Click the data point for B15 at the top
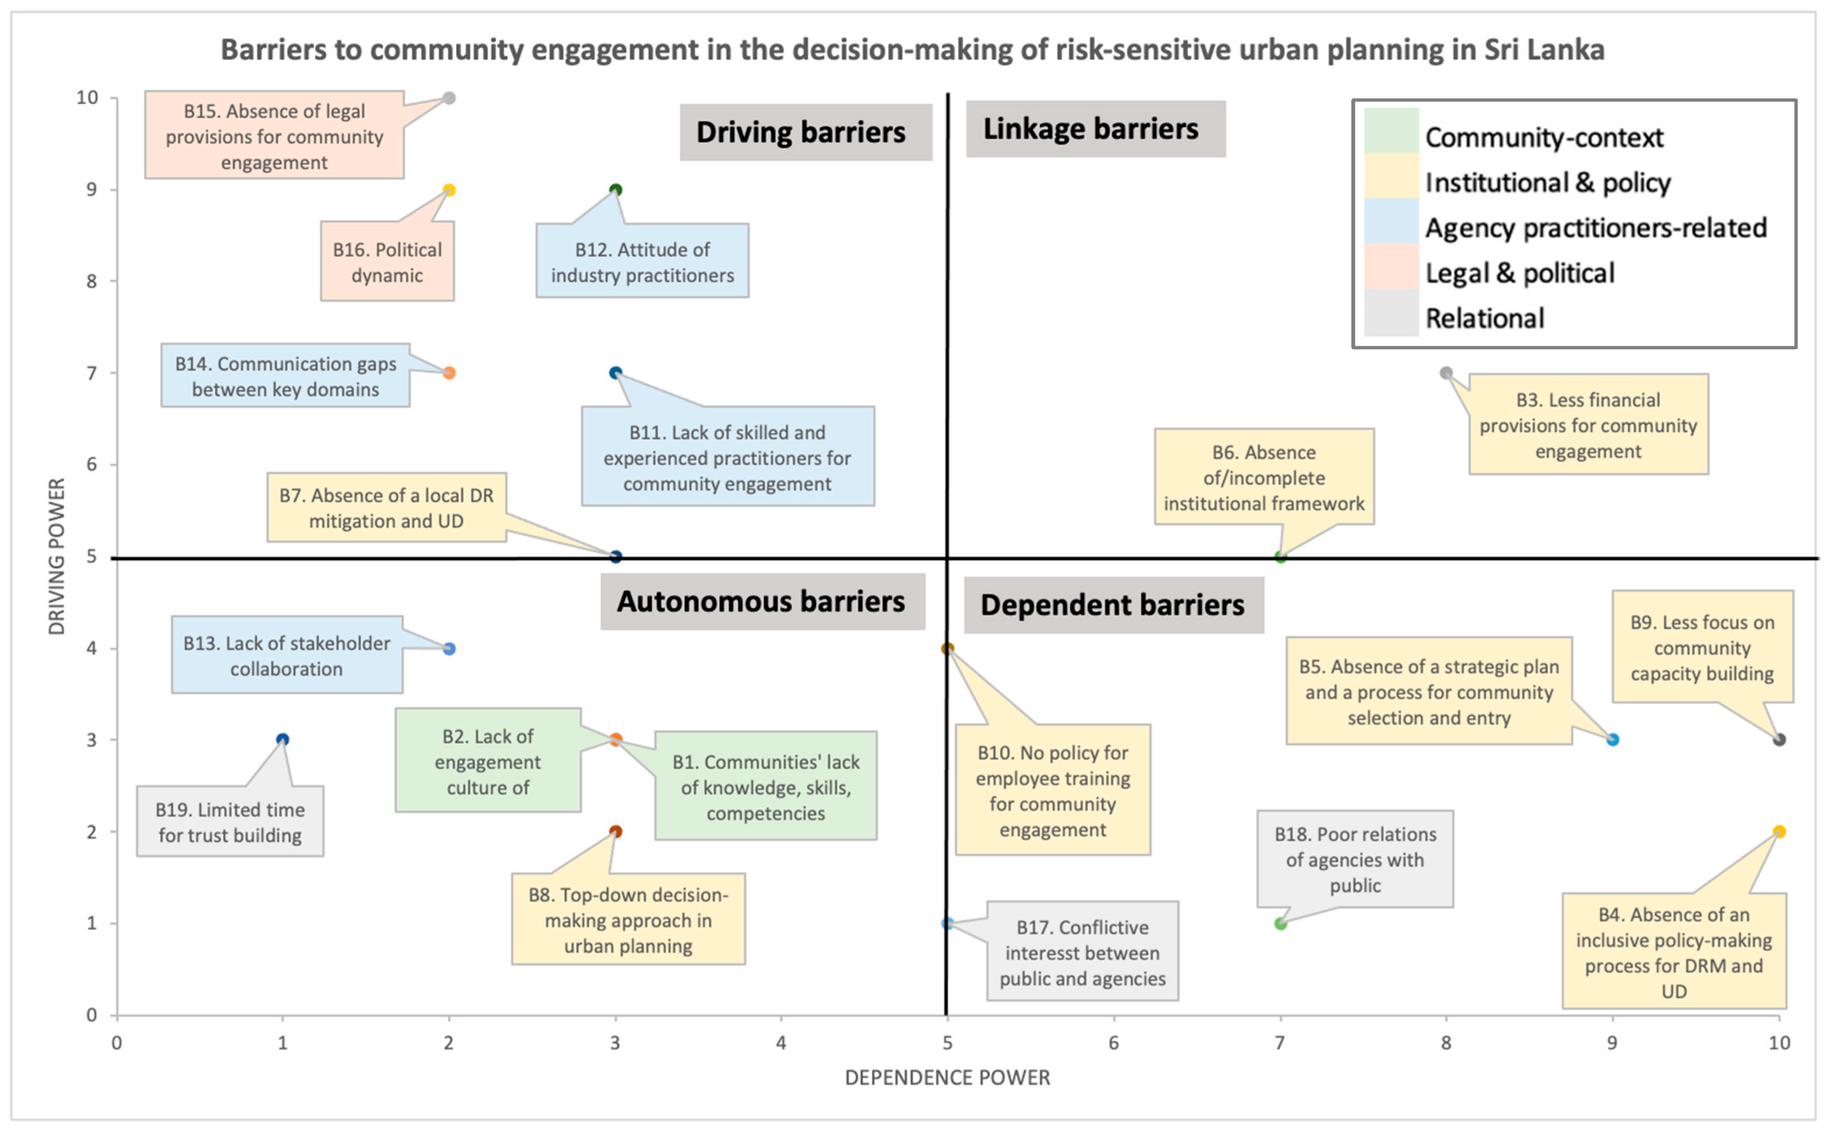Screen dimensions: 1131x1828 (x=449, y=98)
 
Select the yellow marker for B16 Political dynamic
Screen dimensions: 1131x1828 (x=449, y=190)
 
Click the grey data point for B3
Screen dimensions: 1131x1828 (x=1445, y=372)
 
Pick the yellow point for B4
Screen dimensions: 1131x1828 (x=1779, y=832)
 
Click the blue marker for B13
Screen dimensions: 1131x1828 (x=449, y=649)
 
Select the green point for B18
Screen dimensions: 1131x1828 (x=1280, y=924)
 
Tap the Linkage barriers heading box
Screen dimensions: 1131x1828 (x=1094, y=129)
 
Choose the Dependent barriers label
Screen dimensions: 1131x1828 (x=1113, y=605)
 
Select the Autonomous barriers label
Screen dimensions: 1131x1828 (x=762, y=601)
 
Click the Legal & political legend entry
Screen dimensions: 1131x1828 (x=1519, y=273)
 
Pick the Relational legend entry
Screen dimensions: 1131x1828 (x=1484, y=319)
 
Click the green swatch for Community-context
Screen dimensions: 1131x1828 (x=1390, y=131)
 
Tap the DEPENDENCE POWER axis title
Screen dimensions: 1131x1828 (x=947, y=1077)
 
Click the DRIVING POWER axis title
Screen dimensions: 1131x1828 (x=57, y=557)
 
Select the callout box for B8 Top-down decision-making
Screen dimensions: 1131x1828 (x=628, y=920)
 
